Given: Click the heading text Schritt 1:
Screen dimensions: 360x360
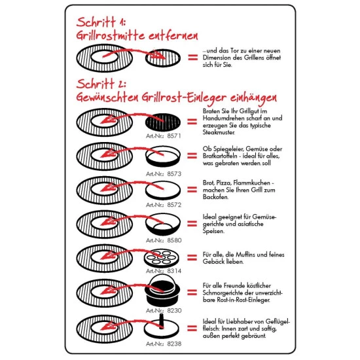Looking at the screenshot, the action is pos(101,22).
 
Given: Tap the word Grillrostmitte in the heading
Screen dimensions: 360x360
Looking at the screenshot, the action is pos(110,35).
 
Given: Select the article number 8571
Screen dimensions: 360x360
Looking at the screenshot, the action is pos(174,136).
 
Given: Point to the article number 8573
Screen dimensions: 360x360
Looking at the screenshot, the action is pos(174,174).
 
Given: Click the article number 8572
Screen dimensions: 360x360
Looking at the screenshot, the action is pos(174,205).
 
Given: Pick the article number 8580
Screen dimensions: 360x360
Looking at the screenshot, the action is pos(174,240).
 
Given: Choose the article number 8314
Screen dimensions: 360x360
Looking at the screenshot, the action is pos(174,271).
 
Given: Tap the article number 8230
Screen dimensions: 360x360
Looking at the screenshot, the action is pos(174,311).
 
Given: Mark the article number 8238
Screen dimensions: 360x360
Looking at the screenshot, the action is pos(174,344).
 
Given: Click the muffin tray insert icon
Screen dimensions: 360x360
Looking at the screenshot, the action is pos(162,259).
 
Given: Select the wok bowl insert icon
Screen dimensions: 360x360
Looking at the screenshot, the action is pos(163,225).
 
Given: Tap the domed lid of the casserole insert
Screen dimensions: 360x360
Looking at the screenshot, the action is pos(162,283).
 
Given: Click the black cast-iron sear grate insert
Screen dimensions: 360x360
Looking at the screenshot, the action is pos(163,122).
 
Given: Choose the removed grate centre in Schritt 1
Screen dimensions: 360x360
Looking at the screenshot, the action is pos(163,58).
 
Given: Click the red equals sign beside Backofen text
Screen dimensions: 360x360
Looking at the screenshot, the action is pos(192,190).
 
